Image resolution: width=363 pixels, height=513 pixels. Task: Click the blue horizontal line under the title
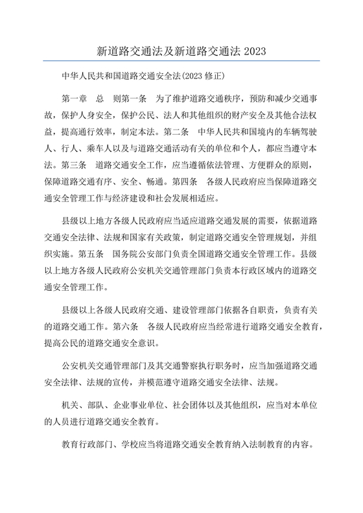tap(181, 61)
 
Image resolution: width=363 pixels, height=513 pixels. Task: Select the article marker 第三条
tap(74, 164)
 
